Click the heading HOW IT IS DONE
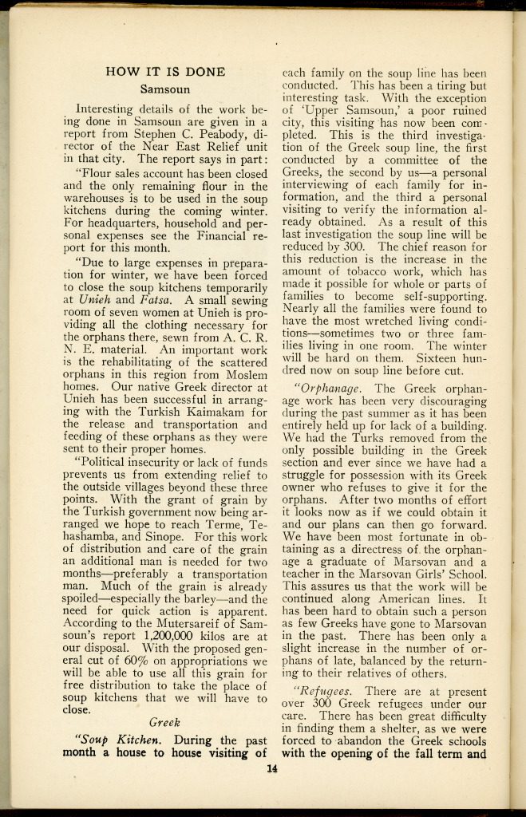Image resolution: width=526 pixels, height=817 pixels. coord(165,72)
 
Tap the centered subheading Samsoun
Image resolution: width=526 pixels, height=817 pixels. coord(165,89)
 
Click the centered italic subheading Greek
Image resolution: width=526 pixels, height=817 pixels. coord(165,723)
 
